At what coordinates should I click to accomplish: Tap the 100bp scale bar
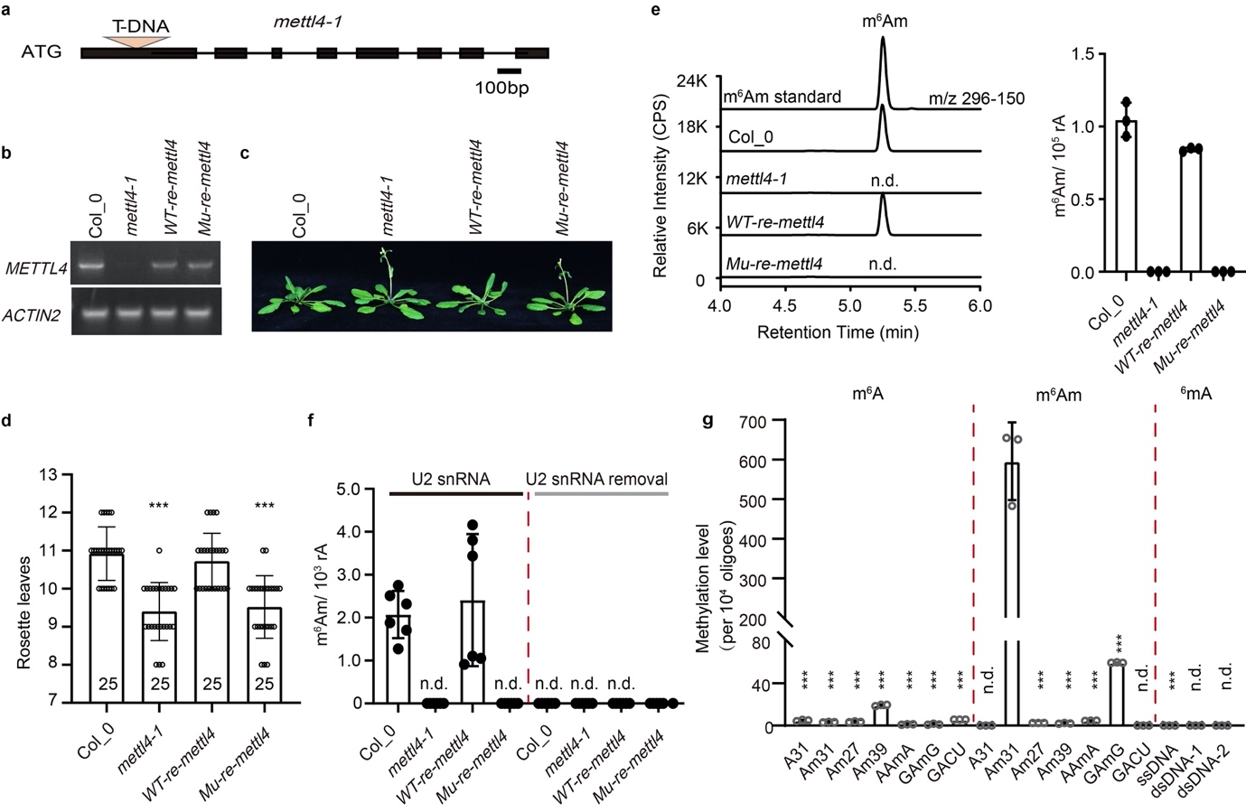coord(509,70)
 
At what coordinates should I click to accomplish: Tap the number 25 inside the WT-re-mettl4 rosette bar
coord(212,684)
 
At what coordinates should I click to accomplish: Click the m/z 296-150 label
coord(976,98)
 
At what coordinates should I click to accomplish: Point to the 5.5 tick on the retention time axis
coord(914,305)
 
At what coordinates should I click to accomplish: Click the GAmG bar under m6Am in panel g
coord(1117,694)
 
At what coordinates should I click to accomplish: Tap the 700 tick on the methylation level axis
coord(751,422)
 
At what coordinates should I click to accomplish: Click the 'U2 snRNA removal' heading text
coord(596,479)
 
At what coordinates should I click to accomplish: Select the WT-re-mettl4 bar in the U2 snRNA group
coord(472,650)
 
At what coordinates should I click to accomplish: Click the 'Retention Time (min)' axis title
coord(838,332)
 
